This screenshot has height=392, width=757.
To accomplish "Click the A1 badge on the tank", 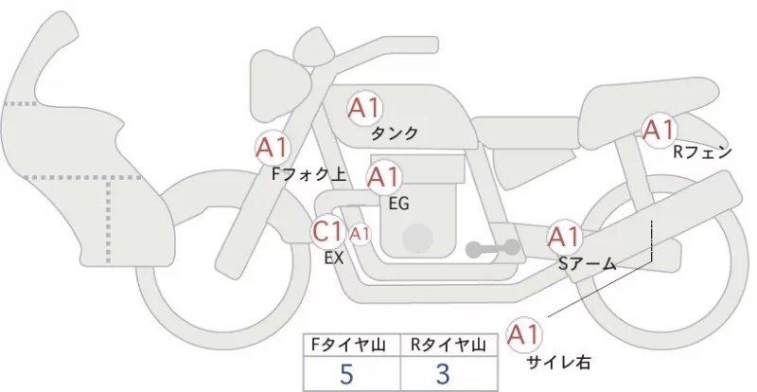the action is pyautogui.click(x=364, y=108).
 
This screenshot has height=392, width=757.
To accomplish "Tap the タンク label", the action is pyautogui.click(x=395, y=133).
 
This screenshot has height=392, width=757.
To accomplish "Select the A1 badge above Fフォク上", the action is pyautogui.click(x=272, y=148).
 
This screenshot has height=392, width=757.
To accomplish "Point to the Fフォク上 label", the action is pyautogui.click(x=309, y=174).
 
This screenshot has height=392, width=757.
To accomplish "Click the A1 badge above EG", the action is pyautogui.click(x=384, y=177).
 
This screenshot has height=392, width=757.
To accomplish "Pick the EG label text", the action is pyautogui.click(x=398, y=204).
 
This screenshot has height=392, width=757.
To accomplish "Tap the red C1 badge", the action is pyautogui.click(x=327, y=231).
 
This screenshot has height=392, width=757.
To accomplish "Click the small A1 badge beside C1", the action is pyautogui.click(x=360, y=234).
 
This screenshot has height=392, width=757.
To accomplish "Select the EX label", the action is pyautogui.click(x=334, y=258).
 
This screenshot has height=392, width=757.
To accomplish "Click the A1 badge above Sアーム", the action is pyautogui.click(x=564, y=237).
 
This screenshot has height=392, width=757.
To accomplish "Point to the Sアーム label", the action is pyautogui.click(x=588, y=263).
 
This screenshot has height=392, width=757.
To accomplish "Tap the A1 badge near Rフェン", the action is pyautogui.click(x=659, y=130).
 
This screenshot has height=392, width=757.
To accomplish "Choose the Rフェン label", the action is pyautogui.click(x=702, y=152).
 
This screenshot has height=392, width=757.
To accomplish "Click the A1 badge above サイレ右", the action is pyautogui.click(x=523, y=334).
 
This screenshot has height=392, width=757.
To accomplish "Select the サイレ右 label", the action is pyautogui.click(x=558, y=362).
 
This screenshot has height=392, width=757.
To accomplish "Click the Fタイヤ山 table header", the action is pyautogui.click(x=348, y=345).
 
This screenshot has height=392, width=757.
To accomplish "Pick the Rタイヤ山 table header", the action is pyautogui.click(x=448, y=345).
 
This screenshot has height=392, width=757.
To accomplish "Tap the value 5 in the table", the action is pyautogui.click(x=346, y=374).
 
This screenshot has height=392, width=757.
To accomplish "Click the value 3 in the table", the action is pyautogui.click(x=443, y=374).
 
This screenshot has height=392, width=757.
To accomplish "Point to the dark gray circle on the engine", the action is pyautogui.click(x=418, y=239).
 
